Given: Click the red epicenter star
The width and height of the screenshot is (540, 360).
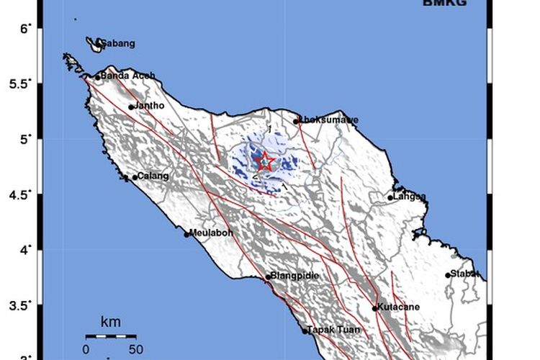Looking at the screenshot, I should (x=266, y=161).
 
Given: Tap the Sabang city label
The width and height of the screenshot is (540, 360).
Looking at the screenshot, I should (x=117, y=44).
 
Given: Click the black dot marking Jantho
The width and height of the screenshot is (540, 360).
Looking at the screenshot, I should (x=132, y=107).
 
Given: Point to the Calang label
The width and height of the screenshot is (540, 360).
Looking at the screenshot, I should (x=153, y=176).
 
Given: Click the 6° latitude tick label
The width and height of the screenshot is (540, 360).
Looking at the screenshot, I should (x=26, y=28).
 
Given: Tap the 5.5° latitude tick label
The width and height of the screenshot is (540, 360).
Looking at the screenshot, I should (x=21, y=84).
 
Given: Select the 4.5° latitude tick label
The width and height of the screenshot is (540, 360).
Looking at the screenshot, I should (x=21, y=195).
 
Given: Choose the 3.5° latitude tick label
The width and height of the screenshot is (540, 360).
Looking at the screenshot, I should (x=21, y=306).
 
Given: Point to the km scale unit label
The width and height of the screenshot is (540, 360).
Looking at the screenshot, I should (x=111, y=321).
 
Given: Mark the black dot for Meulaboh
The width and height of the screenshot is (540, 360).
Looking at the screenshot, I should (x=187, y=234).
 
